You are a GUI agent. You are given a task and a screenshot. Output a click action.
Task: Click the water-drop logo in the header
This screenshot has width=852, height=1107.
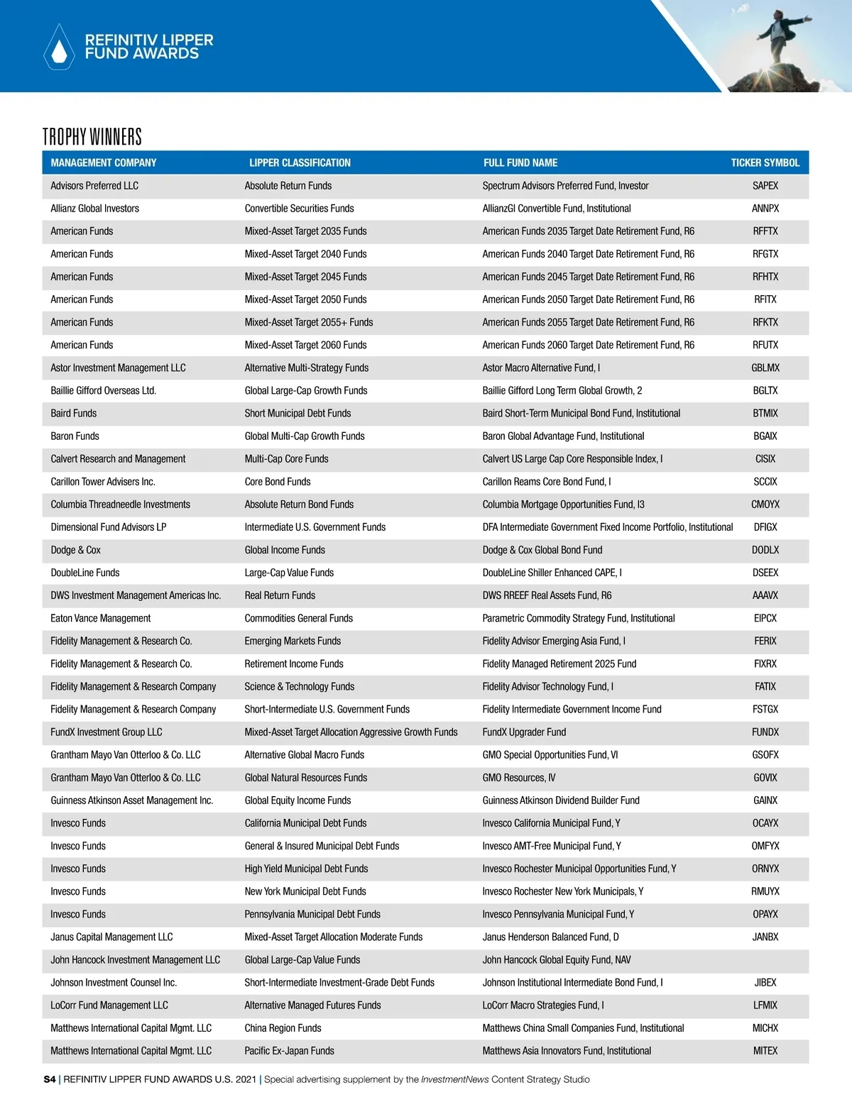(59, 48)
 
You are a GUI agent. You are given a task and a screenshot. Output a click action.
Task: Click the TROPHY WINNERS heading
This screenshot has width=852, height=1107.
(92, 136)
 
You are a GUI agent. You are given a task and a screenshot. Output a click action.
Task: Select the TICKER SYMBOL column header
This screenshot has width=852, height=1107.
(765, 163)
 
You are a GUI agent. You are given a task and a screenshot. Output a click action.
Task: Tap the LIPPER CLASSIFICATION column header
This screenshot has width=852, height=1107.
(300, 163)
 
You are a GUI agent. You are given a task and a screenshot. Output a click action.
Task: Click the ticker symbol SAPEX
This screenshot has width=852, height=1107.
(765, 186)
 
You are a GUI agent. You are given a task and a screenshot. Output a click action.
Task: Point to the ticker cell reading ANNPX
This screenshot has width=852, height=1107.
(765, 209)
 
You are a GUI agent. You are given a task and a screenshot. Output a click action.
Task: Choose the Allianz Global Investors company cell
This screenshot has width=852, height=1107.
(94, 209)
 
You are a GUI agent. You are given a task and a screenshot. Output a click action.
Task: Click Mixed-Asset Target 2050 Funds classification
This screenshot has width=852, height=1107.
(305, 299)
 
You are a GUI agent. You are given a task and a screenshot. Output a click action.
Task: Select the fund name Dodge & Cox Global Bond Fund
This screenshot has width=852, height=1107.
(542, 550)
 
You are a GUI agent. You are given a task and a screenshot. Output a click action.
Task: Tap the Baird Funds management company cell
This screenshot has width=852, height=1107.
(73, 413)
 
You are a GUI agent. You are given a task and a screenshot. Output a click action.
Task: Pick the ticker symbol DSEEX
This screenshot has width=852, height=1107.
(765, 573)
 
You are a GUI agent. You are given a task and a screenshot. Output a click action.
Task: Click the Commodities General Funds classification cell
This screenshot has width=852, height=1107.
(298, 618)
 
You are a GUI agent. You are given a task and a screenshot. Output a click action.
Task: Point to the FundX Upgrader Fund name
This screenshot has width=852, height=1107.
(524, 732)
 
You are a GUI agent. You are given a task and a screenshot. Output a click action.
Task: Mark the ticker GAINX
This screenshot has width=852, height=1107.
(765, 800)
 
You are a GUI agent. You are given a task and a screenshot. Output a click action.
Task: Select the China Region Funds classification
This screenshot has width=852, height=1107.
(283, 1028)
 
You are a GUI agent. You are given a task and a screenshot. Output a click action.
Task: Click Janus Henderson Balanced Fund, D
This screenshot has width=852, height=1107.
(550, 937)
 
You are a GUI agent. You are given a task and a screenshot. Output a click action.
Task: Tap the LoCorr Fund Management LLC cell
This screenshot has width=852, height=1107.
(109, 1005)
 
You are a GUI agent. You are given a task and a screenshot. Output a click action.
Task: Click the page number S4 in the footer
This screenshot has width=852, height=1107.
(50, 1079)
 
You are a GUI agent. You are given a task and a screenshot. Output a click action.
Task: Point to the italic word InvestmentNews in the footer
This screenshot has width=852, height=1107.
(454, 1079)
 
